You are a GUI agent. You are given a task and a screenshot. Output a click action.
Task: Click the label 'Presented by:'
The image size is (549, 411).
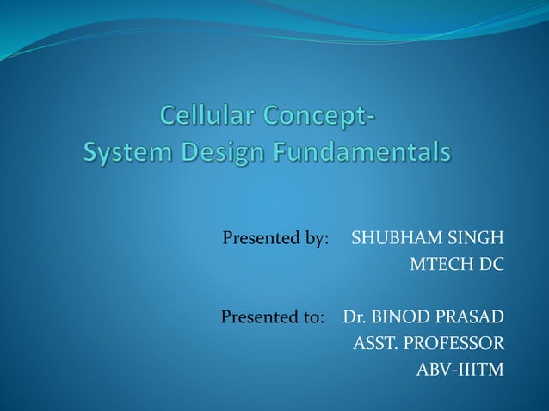275,238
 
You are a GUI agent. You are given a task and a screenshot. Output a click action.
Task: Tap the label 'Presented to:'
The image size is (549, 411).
273,317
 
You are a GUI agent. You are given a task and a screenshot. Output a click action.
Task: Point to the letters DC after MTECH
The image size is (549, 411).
491,264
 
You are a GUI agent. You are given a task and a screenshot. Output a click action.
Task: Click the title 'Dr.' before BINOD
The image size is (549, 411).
354,317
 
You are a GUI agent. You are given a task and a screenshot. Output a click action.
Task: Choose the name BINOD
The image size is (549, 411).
399,317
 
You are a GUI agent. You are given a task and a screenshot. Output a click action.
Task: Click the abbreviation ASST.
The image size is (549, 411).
376,344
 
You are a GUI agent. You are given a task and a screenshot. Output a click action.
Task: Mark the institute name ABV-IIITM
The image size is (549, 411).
460,371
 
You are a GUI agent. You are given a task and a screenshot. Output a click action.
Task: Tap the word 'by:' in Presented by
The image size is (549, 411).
315,238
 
